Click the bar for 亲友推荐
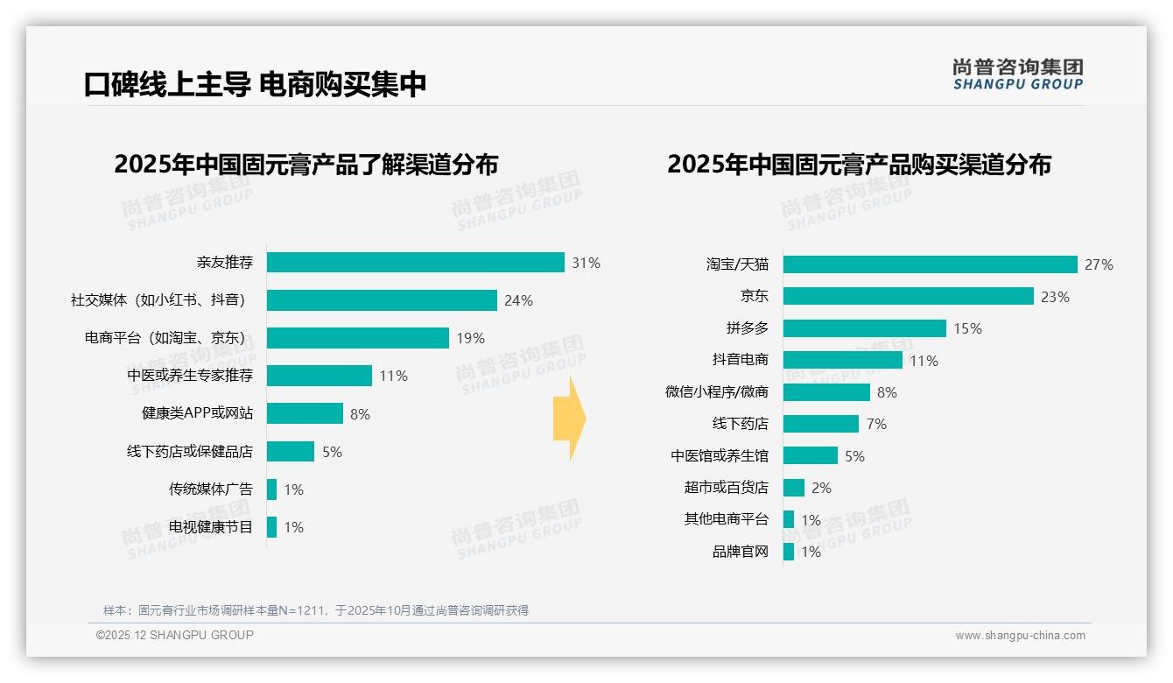pyautogui.click(x=415, y=263)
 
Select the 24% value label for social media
pyautogui.click(x=518, y=300)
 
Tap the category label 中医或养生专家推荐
pyautogui.click(x=190, y=376)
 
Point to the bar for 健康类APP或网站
pyautogui.click(x=305, y=413)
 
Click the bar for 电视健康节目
pyautogui.click(x=271, y=527)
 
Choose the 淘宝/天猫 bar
pyautogui.click(x=930, y=264)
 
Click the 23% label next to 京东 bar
pyautogui.click(x=1055, y=297)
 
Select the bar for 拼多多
pyautogui.click(x=864, y=328)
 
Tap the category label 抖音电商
pyautogui.click(x=740, y=360)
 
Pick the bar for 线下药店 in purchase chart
pyautogui.click(x=820, y=424)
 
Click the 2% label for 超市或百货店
pyautogui.click(x=821, y=488)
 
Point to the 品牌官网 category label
pyautogui.click(x=740, y=552)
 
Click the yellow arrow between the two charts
pyautogui.click(x=570, y=419)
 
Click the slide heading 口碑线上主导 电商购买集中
pyautogui.click(x=255, y=84)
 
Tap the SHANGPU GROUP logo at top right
pyautogui.click(x=1017, y=74)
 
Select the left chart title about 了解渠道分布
pyautogui.click(x=306, y=165)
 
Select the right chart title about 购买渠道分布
pyautogui.click(x=859, y=165)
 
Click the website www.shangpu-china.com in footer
pyautogui.click(x=1020, y=636)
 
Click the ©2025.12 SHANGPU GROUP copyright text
pyautogui.click(x=175, y=635)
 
